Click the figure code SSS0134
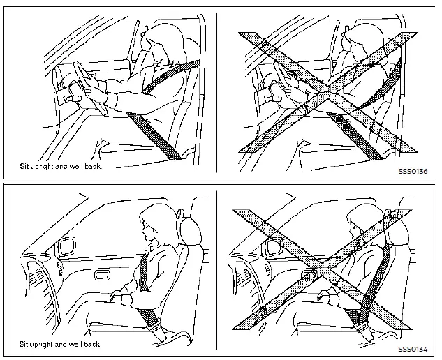coord(411,347)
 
